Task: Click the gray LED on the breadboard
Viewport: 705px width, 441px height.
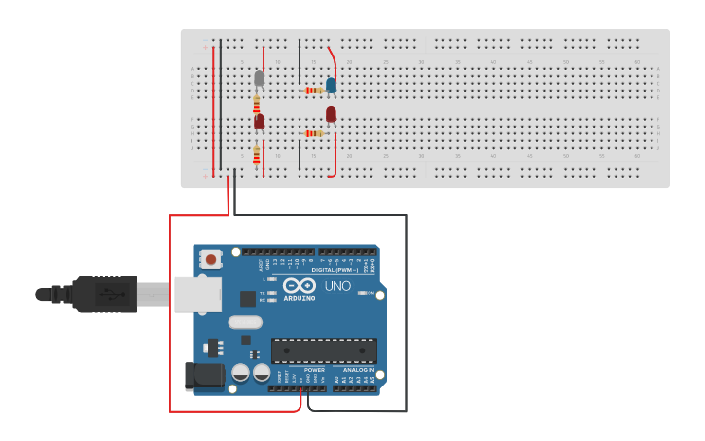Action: [x=259, y=78]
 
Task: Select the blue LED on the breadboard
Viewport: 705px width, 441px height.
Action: [x=332, y=85]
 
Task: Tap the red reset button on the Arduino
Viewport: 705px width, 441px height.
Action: [x=210, y=259]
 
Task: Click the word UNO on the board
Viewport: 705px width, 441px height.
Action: [x=337, y=286]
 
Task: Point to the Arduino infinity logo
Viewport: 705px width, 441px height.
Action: [x=300, y=285]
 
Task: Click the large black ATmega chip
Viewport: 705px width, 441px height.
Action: [x=324, y=350]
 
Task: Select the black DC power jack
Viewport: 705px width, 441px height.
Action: [x=202, y=375]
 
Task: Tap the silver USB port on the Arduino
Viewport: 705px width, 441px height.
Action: [x=197, y=294]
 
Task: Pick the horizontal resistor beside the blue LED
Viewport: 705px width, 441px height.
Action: [x=314, y=90]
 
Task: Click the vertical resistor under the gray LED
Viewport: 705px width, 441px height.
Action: [x=257, y=102]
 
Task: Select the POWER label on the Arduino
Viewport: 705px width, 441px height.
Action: [x=315, y=370]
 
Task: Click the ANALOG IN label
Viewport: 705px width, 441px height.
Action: [x=357, y=370]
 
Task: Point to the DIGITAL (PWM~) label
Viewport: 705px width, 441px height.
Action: [x=335, y=270]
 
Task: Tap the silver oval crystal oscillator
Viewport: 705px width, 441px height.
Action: [x=245, y=322]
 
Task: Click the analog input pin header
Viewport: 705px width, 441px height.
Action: [x=354, y=387]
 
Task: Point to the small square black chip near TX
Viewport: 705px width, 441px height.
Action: [x=248, y=299]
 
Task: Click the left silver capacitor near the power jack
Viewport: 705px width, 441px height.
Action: [x=241, y=372]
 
